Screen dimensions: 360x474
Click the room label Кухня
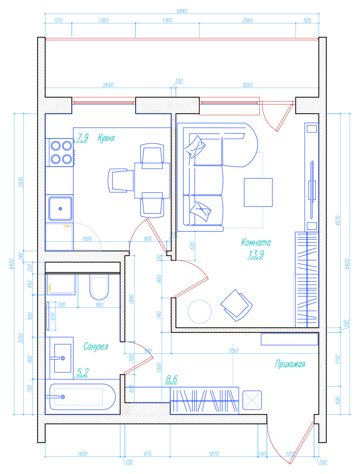point(106,138)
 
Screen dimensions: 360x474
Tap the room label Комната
point(256,242)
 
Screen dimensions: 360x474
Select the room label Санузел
point(96,346)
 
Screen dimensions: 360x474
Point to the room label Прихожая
point(290,364)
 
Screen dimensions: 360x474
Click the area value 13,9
point(256,254)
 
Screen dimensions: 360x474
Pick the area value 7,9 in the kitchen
point(82,137)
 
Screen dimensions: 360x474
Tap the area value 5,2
point(82,372)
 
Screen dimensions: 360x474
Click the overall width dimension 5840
point(182,11)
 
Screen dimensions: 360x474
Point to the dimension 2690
point(108,85)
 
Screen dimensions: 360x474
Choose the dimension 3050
point(247,85)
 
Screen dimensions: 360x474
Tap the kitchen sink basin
point(60,208)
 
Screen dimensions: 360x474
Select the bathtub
point(82,397)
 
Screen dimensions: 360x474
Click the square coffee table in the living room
point(258,192)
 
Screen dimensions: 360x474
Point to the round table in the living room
point(200,312)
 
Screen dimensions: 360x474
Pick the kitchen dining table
point(152,180)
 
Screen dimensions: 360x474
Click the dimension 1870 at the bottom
point(214,454)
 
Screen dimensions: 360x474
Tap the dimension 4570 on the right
point(337,220)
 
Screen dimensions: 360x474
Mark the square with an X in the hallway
point(252,400)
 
